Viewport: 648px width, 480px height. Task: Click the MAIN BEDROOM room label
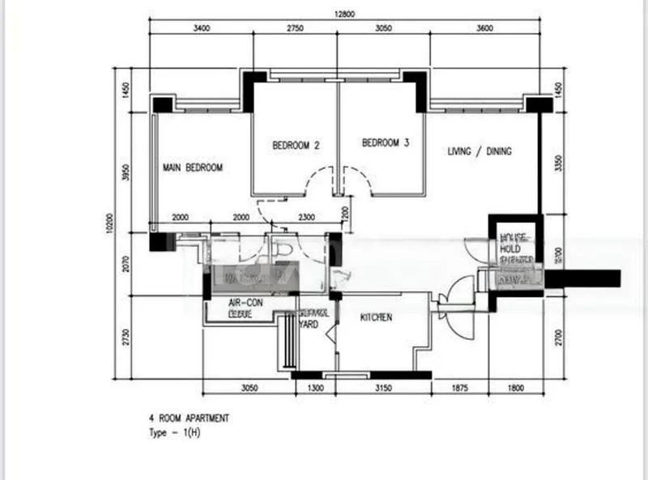click(192, 168)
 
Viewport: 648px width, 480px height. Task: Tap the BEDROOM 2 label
click(296, 146)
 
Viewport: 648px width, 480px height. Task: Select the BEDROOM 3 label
click(385, 143)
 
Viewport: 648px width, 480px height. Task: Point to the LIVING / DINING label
click(480, 151)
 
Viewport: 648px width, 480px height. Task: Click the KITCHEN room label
click(376, 318)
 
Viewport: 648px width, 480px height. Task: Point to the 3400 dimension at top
click(201, 28)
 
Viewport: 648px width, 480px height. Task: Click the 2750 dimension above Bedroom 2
click(294, 28)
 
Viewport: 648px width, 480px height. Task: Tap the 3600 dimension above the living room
click(484, 28)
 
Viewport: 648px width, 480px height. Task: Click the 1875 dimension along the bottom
click(459, 389)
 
